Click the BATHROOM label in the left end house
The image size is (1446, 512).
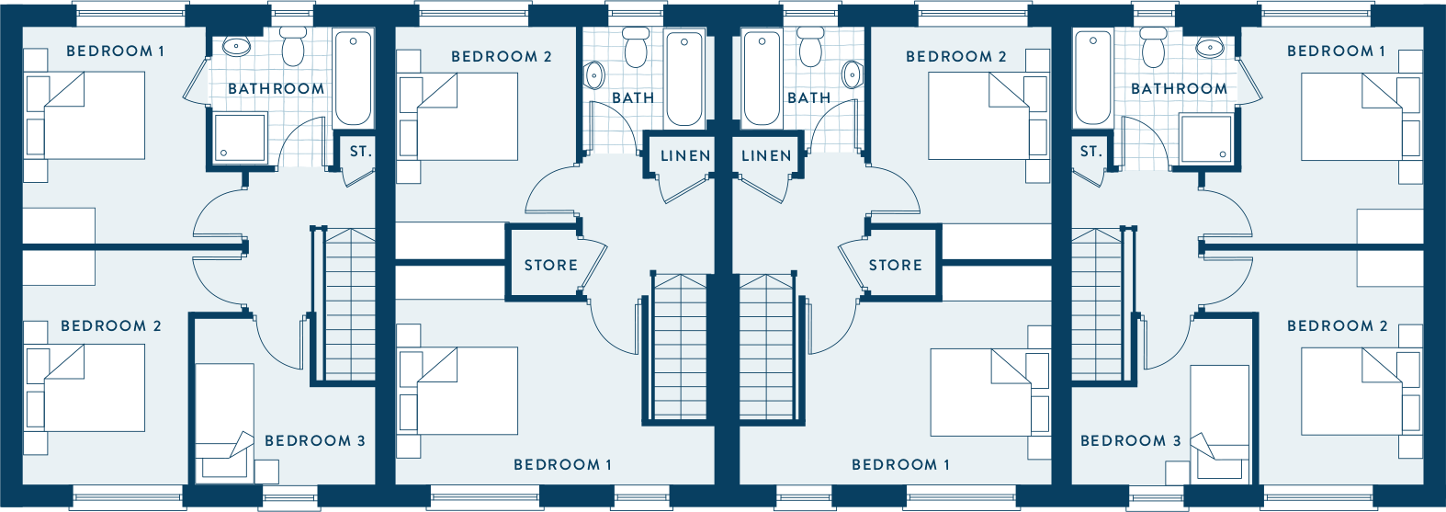click(277, 88)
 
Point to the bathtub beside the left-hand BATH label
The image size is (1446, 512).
click(684, 78)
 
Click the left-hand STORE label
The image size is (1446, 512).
click(550, 265)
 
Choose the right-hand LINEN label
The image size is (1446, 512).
click(766, 155)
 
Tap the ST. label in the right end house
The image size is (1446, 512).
click(1091, 152)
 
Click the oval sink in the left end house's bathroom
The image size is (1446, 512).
click(236, 47)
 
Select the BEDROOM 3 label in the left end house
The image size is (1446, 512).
click(315, 441)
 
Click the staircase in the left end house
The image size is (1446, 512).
click(349, 304)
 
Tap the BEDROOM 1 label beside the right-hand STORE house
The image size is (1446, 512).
click(900, 464)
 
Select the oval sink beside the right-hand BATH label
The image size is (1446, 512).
click(853, 75)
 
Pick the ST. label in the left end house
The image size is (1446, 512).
click(361, 152)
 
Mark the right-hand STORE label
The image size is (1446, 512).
click(896, 265)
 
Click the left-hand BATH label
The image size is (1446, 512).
click(633, 97)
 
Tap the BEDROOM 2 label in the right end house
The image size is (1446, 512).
click(1337, 326)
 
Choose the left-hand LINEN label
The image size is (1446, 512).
click(685, 155)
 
